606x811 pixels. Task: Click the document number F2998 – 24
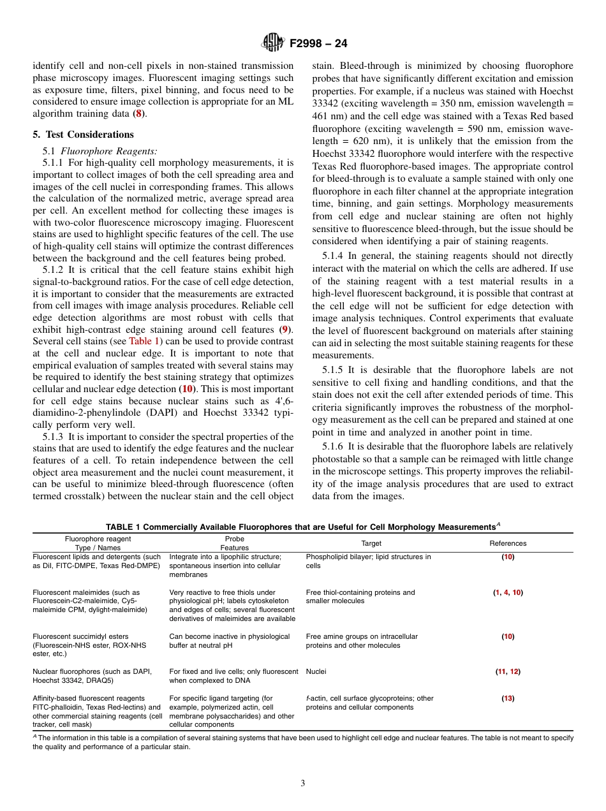pyautogui.click(x=318, y=44)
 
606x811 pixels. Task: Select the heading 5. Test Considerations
pyautogui.click(x=83, y=135)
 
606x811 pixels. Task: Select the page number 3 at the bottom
pyautogui.click(x=303, y=784)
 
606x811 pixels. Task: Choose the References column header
pyautogui.click(x=508, y=544)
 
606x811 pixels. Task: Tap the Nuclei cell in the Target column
pyautogui.click(x=316, y=671)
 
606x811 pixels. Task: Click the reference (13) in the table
pyautogui.click(x=508, y=698)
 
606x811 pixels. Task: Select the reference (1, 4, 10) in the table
pyautogui.click(x=508, y=592)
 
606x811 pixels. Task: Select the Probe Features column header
pyautogui.click(x=235, y=543)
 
